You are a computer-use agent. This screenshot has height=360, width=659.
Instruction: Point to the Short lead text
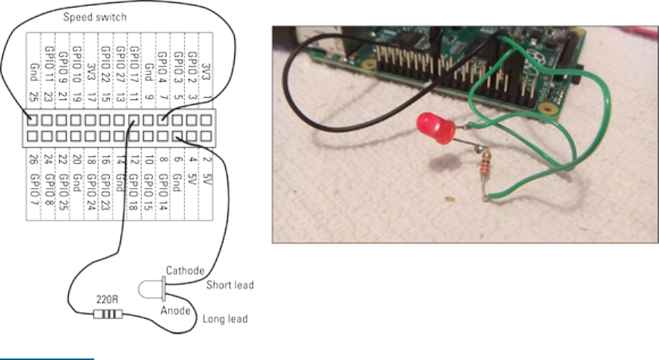(230, 285)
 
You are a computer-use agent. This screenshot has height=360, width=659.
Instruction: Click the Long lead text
(226, 319)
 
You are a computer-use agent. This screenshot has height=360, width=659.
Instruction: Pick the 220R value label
(105, 299)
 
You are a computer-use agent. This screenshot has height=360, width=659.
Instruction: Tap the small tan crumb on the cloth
(451, 201)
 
